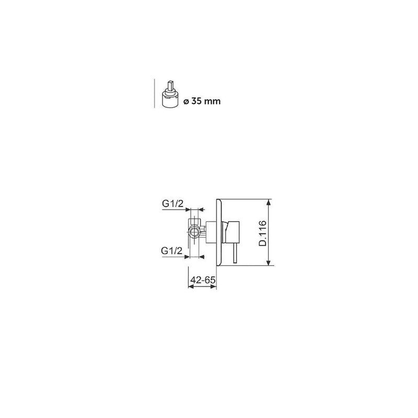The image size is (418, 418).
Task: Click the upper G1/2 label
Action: click(x=173, y=204)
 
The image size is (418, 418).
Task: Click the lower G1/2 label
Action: click(x=172, y=251)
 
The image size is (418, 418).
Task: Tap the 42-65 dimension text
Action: click(x=203, y=280)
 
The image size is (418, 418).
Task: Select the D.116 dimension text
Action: click(x=262, y=233)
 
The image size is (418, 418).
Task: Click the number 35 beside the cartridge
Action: click(x=196, y=101)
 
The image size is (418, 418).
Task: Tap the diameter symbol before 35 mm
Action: click(x=187, y=101)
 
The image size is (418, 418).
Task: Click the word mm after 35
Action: click(x=212, y=102)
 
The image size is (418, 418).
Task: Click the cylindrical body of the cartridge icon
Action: click(x=171, y=101)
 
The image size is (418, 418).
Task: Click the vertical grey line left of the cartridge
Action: click(x=155, y=94)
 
